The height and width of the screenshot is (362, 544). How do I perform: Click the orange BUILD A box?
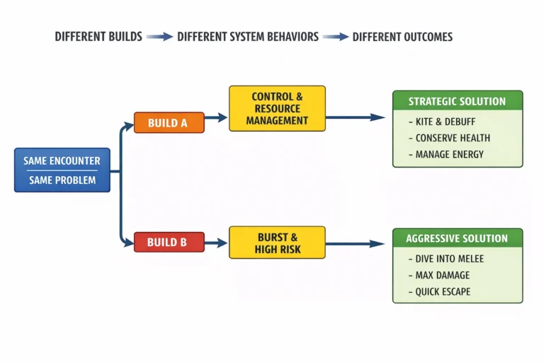coord(169,122)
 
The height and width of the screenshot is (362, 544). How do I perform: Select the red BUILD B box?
coord(169,242)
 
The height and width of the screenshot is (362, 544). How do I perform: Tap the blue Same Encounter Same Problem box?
coord(62,170)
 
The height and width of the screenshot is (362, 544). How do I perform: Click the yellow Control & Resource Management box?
coord(277,108)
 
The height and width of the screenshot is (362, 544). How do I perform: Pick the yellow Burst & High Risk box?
coord(277,243)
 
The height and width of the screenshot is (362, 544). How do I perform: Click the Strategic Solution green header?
coord(458,101)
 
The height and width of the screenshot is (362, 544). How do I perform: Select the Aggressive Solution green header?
coord(458,238)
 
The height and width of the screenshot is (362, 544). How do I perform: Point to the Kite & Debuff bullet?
coord(442,122)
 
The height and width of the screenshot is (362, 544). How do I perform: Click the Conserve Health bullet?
coord(449,138)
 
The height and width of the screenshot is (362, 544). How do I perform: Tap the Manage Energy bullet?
coord(446,154)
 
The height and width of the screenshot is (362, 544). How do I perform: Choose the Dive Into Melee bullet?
coord(446,259)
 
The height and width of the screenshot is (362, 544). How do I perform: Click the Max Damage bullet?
coord(439,275)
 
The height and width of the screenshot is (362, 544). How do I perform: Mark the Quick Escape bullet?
coord(439,292)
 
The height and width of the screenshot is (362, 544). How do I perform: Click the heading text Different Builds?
coord(98,37)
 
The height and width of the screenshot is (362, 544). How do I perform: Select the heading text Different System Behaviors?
coord(248,37)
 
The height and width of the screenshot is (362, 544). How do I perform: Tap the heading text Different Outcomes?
coord(402,37)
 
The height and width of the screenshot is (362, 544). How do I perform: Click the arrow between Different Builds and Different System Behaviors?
coord(159,36)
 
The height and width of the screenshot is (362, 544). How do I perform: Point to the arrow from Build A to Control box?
coord(216,117)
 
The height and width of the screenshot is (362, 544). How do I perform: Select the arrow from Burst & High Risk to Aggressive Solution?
coord(356,244)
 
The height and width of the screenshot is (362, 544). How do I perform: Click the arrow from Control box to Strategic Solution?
coord(356,117)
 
